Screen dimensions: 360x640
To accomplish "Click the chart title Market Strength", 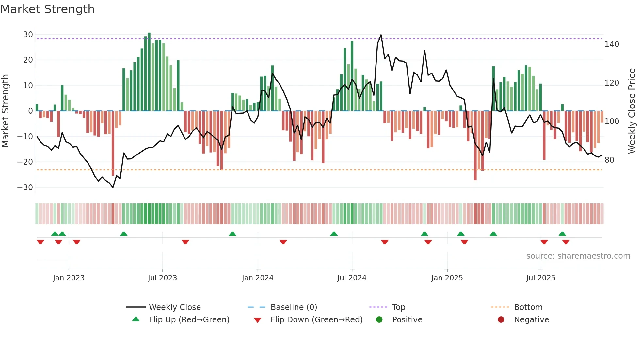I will click(x=47, y=9).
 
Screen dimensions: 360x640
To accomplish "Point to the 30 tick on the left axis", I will click(x=28, y=35).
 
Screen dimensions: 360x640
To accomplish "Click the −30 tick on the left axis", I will click(x=25, y=188).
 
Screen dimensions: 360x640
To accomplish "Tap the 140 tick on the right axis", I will click(x=612, y=44).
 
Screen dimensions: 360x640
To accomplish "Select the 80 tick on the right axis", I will click(x=609, y=160).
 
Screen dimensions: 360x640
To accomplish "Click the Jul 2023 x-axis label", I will click(x=162, y=278).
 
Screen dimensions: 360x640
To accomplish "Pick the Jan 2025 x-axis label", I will click(x=447, y=278).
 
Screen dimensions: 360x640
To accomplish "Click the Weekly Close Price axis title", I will click(x=632, y=111).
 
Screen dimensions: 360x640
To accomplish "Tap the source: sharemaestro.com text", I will click(x=578, y=256).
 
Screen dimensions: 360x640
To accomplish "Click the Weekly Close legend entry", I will click(x=175, y=307).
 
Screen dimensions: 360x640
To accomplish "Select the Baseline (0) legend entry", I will click(x=294, y=307).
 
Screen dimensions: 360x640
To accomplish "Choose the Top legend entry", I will click(x=398, y=307).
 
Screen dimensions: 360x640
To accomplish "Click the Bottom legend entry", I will click(x=528, y=307).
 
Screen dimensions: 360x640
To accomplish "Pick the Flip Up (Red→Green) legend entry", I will click(x=189, y=320).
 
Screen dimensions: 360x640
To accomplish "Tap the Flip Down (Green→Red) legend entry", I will click(x=316, y=320).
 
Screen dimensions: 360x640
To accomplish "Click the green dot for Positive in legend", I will click(x=379, y=320).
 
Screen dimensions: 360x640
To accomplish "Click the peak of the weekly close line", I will click(x=381, y=35).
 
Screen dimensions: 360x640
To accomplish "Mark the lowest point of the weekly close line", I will click(x=113, y=187).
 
